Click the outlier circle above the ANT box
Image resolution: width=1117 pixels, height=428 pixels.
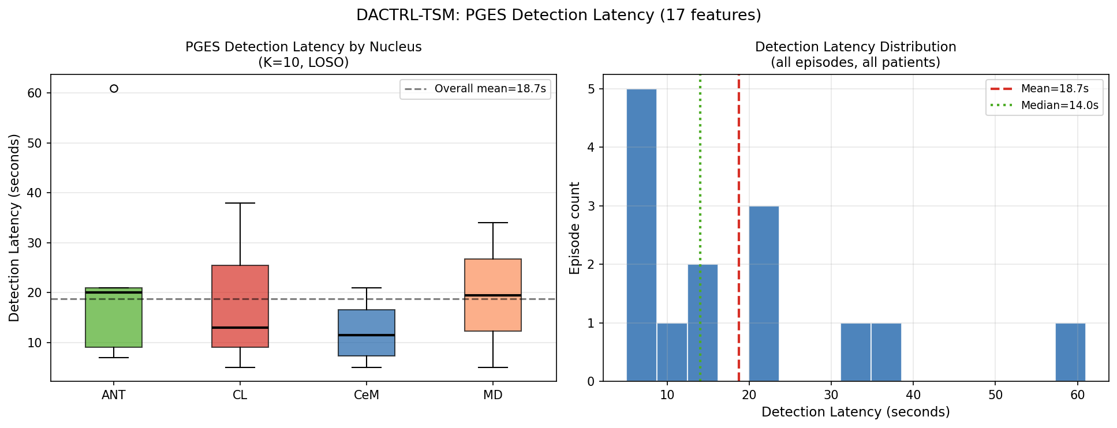coord(114,88)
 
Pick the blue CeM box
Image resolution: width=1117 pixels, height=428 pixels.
coord(367,346)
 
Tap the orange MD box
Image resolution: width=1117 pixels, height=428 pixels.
coord(493,277)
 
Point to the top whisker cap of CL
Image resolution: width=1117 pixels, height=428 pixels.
coord(240,203)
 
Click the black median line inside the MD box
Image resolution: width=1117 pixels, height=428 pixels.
coord(493,295)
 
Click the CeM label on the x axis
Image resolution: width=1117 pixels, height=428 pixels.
coord(367,395)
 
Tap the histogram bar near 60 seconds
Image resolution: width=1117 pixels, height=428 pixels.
coord(1070,352)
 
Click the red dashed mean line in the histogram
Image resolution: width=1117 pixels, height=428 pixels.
coord(739,231)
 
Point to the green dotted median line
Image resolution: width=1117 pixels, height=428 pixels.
coord(700,173)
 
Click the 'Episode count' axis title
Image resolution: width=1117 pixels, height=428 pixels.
coord(574,228)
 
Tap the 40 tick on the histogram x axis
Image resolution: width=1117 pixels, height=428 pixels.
coord(913,395)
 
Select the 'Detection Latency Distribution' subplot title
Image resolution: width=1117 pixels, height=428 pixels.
coord(856,47)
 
